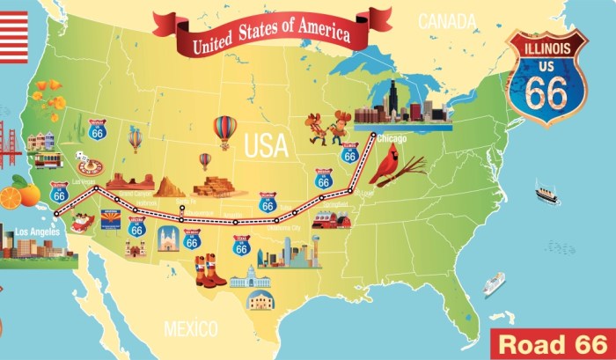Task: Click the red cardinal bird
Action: [385, 164]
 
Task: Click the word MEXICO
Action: [190, 329]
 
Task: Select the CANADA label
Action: [446, 20]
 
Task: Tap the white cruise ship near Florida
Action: [493, 283]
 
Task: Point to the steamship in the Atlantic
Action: [546, 193]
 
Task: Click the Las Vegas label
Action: [83, 181]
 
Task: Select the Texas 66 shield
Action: [241, 246]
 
